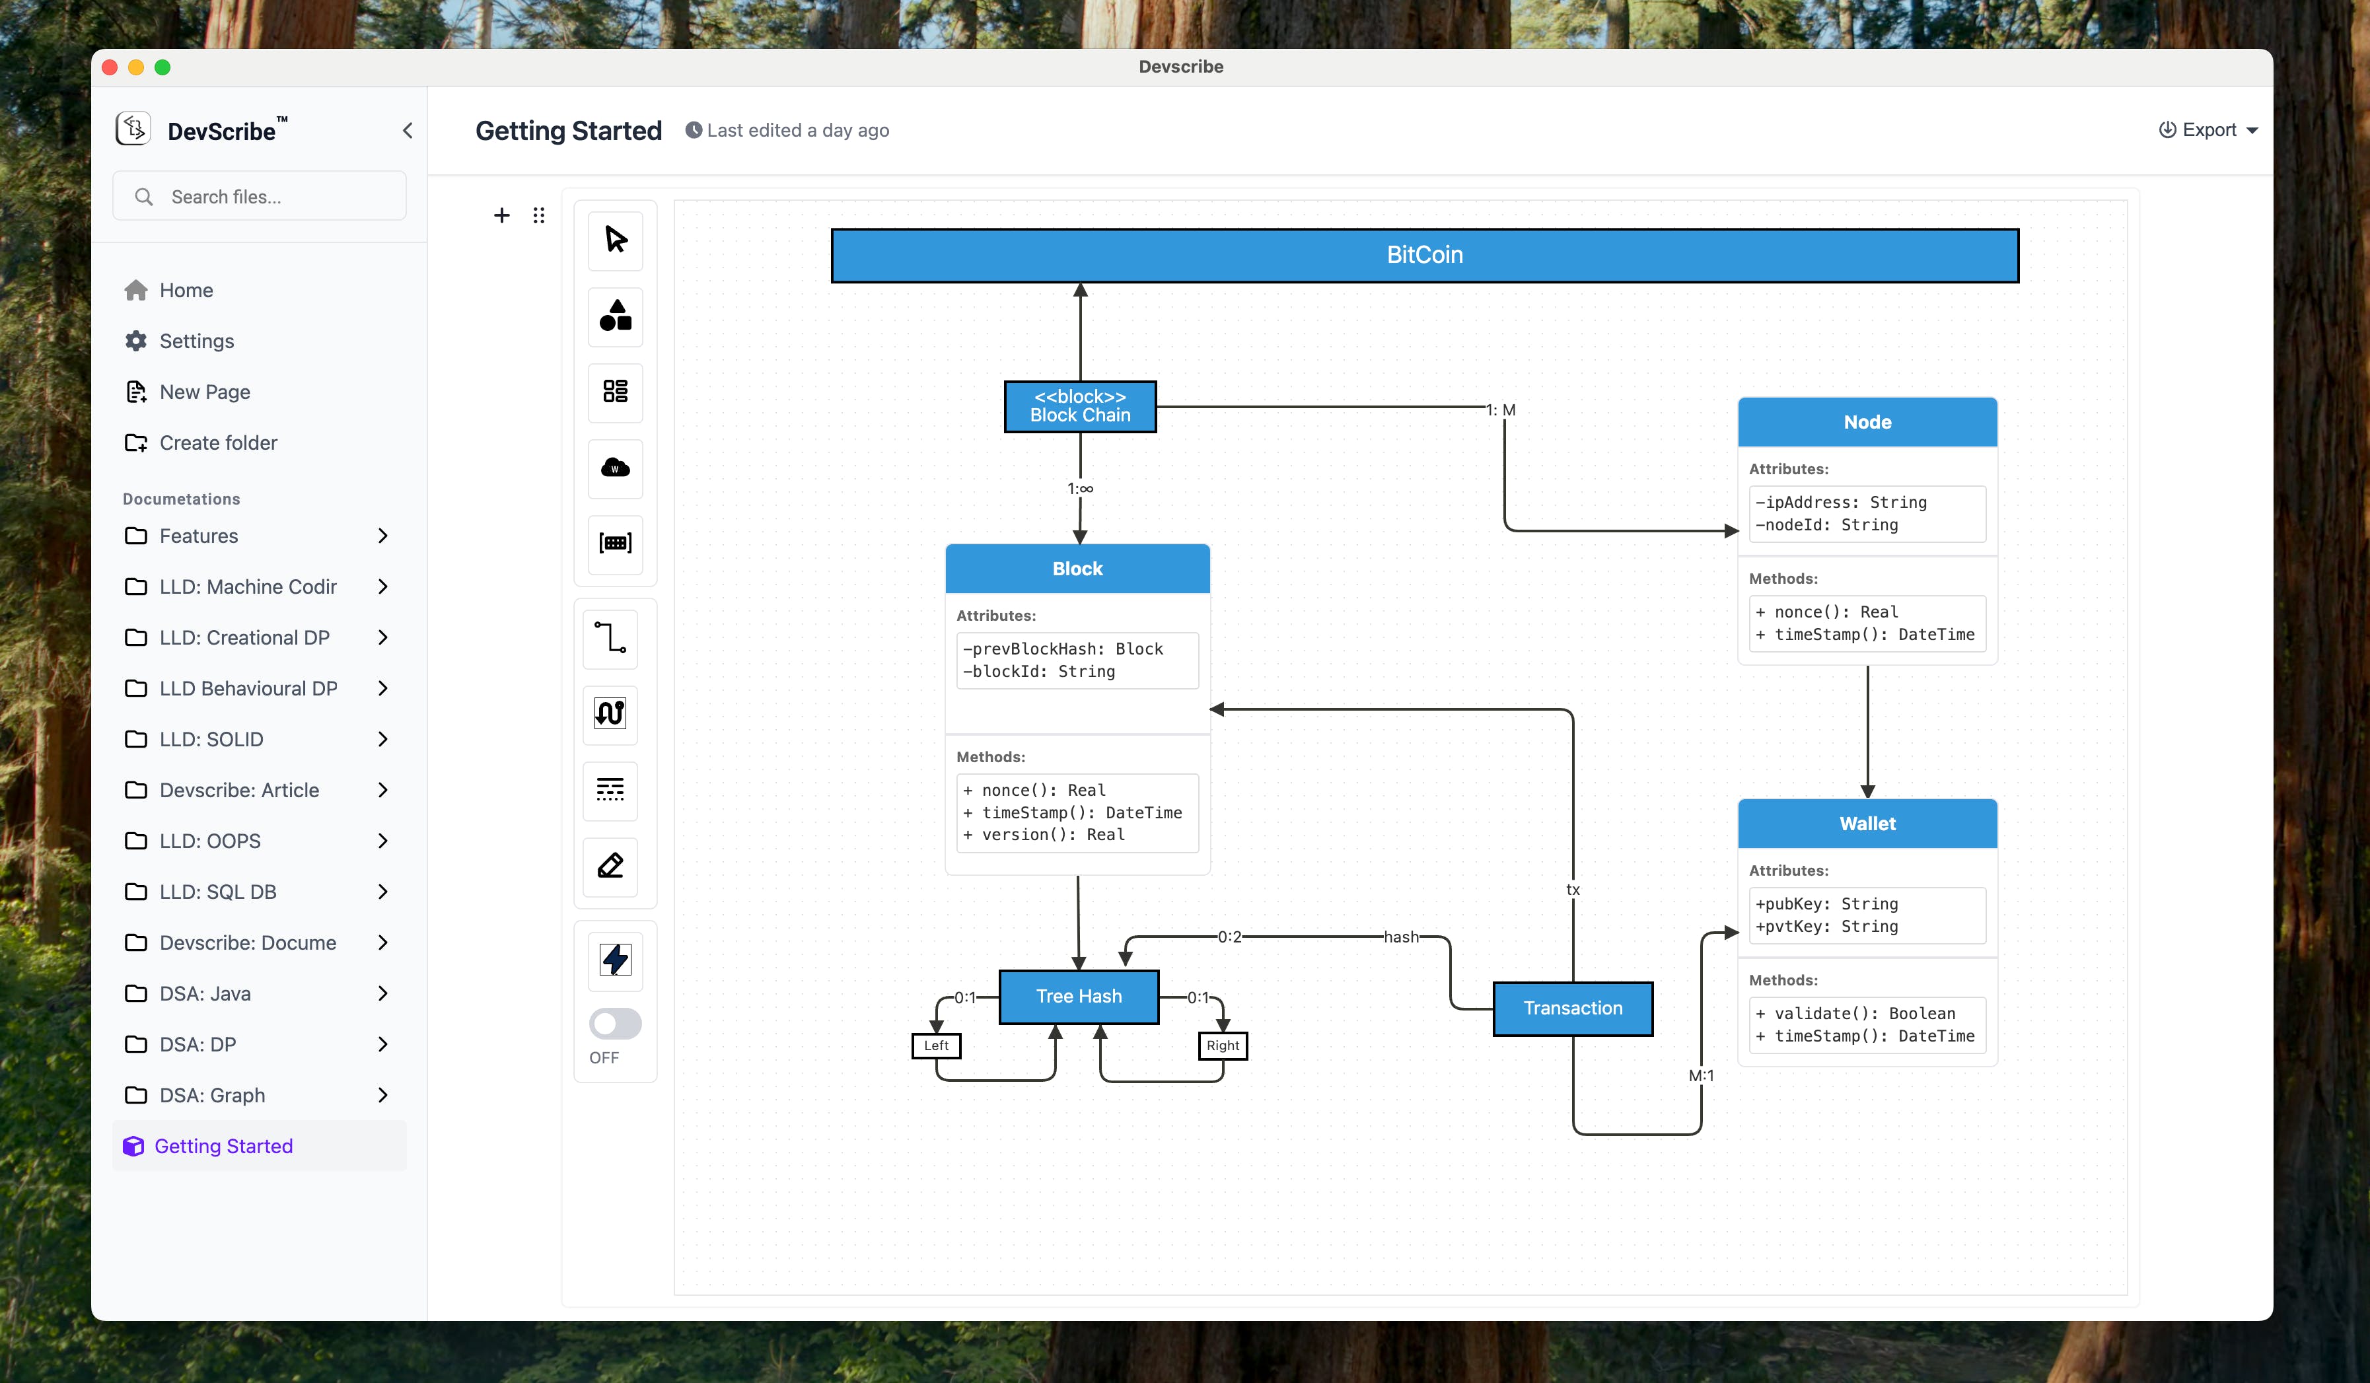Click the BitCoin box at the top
point(1424,255)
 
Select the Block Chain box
point(1080,406)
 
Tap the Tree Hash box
point(1079,996)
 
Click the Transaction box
point(1573,1008)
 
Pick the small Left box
point(936,1046)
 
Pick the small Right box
point(1223,1046)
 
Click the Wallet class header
point(1867,824)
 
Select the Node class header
point(1867,422)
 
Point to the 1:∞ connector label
point(1080,489)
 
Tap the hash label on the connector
point(1400,937)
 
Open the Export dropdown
point(2208,129)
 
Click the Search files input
point(273,197)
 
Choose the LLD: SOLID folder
point(211,739)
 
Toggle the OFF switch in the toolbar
point(615,1023)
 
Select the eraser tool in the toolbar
point(610,865)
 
